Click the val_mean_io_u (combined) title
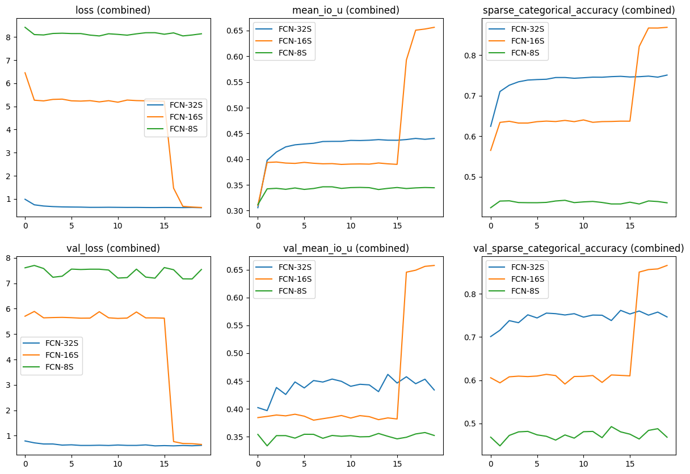[346, 248]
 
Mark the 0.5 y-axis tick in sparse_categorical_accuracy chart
[476, 177]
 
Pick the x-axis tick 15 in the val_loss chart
[165, 463]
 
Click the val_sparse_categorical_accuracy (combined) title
[579, 248]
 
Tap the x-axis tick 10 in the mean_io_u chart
[351, 225]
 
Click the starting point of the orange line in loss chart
[24, 73]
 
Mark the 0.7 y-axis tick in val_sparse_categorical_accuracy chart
[476, 337]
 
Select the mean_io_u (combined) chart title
[346, 10]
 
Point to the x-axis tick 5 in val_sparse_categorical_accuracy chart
[537, 463]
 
